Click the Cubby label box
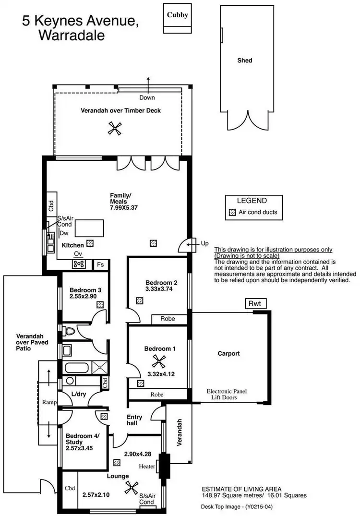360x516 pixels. point(177,15)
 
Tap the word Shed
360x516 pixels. point(244,61)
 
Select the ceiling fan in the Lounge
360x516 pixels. point(130,488)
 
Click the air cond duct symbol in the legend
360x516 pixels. point(233,212)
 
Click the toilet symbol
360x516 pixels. point(69,330)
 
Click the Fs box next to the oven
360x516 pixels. point(100,264)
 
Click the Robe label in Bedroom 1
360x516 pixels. point(156,395)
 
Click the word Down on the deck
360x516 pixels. point(147,97)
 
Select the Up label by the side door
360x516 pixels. point(205,243)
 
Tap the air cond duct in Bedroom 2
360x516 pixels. point(139,301)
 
